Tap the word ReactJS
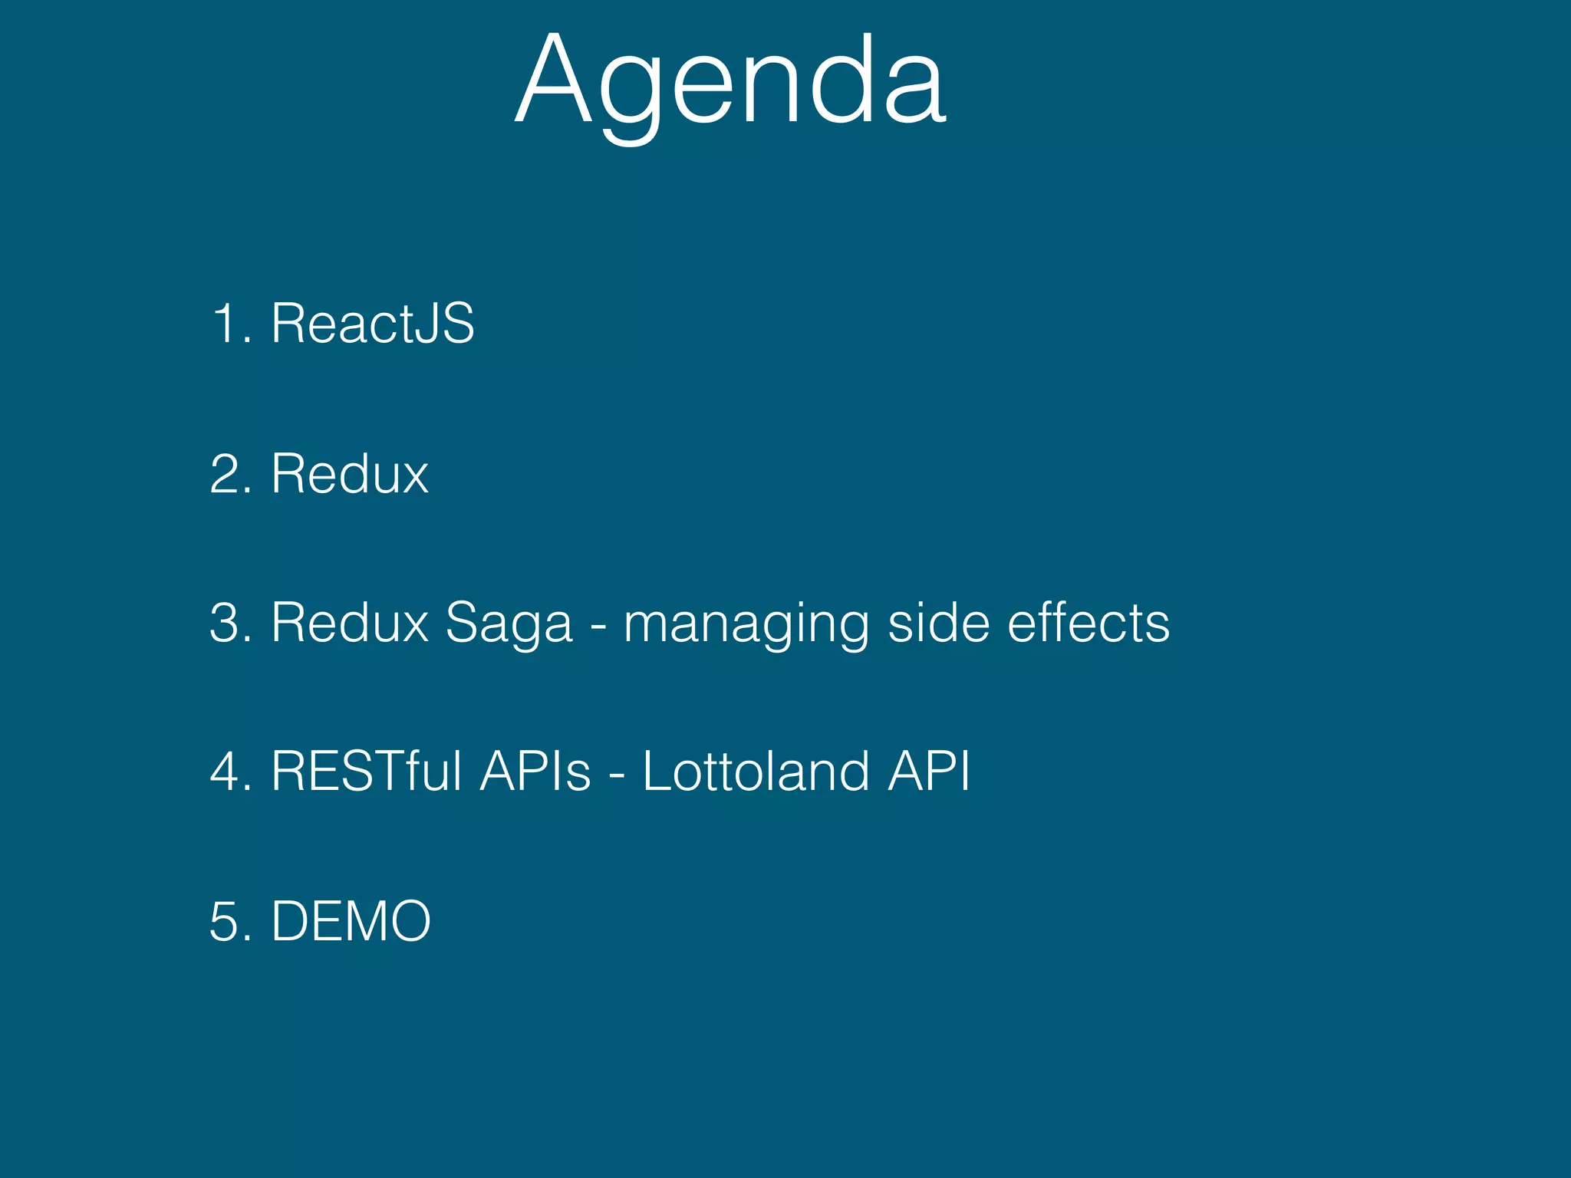coord(373,324)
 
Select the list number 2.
coord(229,474)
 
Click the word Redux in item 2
coord(350,474)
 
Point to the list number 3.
coord(229,622)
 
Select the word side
coord(938,622)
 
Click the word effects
coord(1089,622)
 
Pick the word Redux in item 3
coord(350,622)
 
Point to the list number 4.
coord(229,771)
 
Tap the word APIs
coord(535,771)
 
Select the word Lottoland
coord(756,771)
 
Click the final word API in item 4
coord(929,771)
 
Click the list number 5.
coord(229,921)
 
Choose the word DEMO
coord(351,921)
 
